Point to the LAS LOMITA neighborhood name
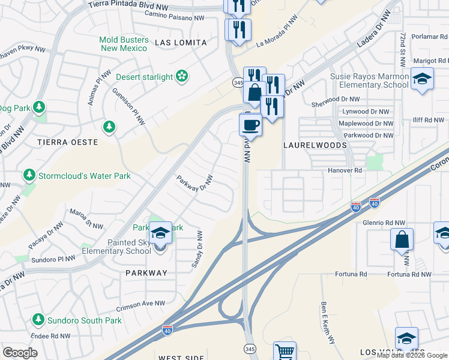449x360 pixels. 181,43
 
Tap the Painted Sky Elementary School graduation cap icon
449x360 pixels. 160,233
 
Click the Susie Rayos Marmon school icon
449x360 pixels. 422,79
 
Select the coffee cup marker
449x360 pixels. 250,125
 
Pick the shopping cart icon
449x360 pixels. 285,351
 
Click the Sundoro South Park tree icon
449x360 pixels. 38,320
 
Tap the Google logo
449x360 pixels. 20,353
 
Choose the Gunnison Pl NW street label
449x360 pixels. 128,107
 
